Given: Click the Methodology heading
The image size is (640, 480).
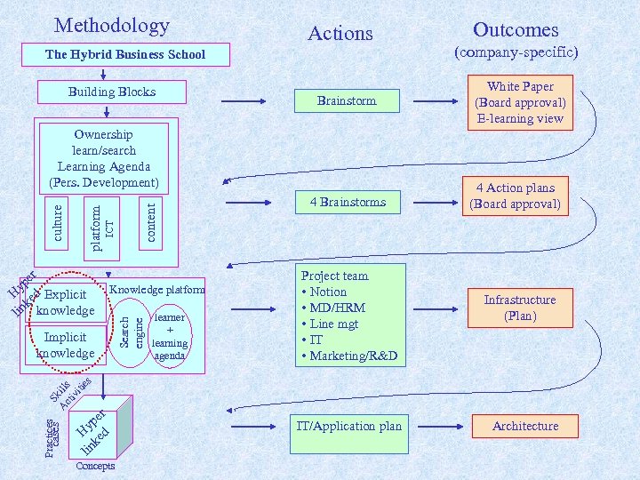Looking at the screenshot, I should click(x=111, y=25).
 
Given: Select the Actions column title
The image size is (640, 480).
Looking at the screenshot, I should click(x=340, y=34).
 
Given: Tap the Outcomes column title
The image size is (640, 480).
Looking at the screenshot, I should click(x=516, y=29).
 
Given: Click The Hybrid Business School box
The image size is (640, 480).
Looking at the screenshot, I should click(x=124, y=54).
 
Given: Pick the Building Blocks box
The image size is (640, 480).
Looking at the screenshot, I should click(x=111, y=92).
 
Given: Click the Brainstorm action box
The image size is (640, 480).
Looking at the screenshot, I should click(x=347, y=100).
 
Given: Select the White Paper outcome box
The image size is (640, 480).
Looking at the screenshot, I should click(x=520, y=102).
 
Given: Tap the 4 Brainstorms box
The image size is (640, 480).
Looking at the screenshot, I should click(x=348, y=202).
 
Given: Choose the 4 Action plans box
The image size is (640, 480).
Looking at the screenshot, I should click(x=515, y=196).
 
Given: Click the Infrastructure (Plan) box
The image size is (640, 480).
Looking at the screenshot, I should click(x=520, y=308).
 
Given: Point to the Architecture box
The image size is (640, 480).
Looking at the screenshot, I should click(x=525, y=426).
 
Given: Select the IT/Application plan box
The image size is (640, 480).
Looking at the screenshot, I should click(x=348, y=426).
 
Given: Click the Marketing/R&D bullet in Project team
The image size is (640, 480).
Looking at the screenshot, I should click(x=348, y=356).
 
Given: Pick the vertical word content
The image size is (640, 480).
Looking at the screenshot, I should click(x=150, y=222).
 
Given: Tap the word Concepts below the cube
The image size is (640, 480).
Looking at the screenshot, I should click(x=96, y=466).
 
